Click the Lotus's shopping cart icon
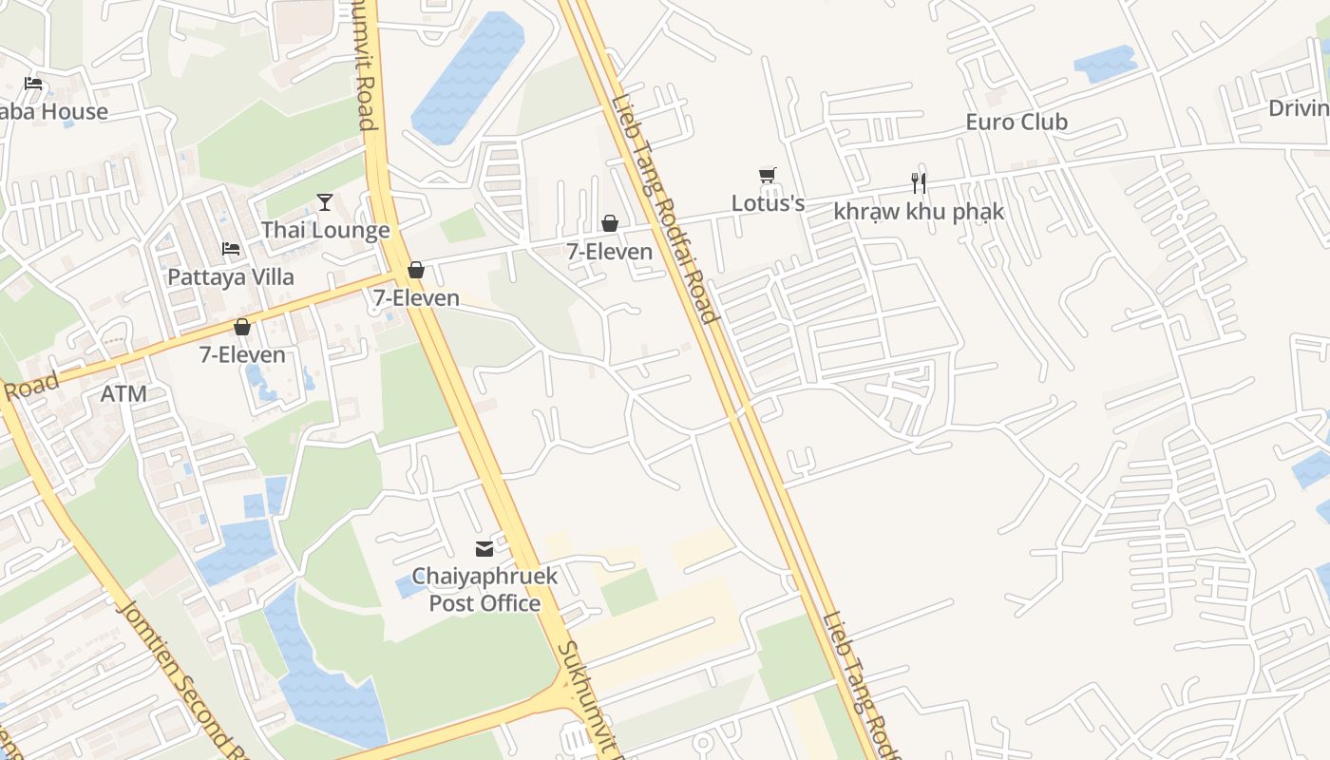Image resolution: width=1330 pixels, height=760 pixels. [x=768, y=176]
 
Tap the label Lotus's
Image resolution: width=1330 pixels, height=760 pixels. [x=768, y=203]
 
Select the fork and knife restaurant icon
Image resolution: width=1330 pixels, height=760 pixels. [x=918, y=182]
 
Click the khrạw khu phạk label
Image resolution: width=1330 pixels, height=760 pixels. [x=918, y=211]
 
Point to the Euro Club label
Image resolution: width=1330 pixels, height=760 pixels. [x=1016, y=122]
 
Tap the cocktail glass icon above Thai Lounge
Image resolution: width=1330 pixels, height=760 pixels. [x=325, y=201]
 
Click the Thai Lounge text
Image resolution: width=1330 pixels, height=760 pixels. [x=325, y=230]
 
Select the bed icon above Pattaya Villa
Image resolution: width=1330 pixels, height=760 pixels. [x=231, y=249]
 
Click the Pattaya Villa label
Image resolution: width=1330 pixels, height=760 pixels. [x=231, y=277]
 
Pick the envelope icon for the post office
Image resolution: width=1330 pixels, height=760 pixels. [x=484, y=548]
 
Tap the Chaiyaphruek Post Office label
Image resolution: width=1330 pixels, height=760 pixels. [x=484, y=590]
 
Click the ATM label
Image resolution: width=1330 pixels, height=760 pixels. [x=123, y=393]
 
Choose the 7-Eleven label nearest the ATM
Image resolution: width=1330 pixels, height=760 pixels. [x=242, y=355]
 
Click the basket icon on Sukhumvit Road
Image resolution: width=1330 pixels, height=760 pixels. [x=415, y=270]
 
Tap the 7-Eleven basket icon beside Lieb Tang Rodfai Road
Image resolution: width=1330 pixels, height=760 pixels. [x=610, y=223]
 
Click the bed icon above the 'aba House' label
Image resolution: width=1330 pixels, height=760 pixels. [x=33, y=84]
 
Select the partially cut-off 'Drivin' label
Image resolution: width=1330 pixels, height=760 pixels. [x=1298, y=108]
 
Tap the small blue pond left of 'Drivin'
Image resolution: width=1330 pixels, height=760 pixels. [x=1105, y=64]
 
